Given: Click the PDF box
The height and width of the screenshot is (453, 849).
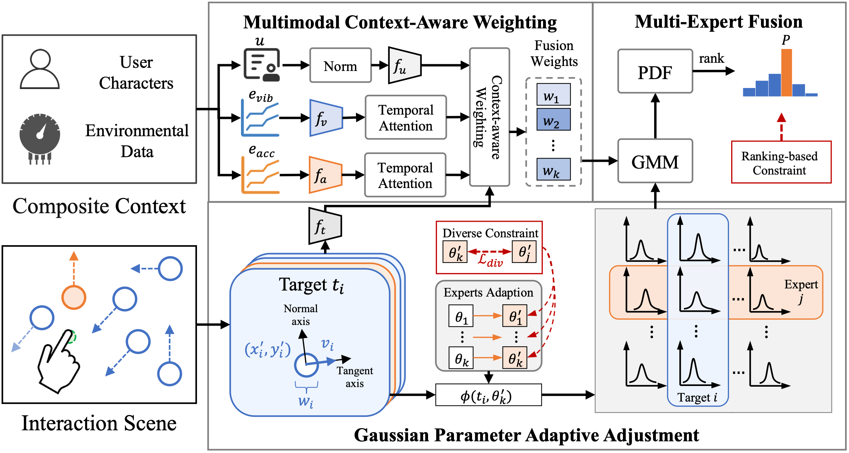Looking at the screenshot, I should pyautogui.click(x=655, y=72).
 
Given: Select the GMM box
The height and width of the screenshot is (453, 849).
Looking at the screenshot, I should pyautogui.click(x=655, y=161).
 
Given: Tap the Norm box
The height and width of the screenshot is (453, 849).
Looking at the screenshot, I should pyautogui.click(x=340, y=66).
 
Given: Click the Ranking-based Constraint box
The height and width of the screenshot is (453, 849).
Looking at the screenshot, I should pyautogui.click(x=781, y=162).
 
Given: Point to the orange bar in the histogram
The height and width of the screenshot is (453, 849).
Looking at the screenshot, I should pyautogui.click(x=786, y=73).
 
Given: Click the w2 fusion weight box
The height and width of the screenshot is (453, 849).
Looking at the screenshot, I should pyautogui.click(x=553, y=120).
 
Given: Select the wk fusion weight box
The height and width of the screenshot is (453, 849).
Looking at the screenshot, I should pyautogui.click(x=553, y=170).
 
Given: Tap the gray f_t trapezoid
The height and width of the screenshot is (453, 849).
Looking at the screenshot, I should pyautogui.click(x=325, y=226).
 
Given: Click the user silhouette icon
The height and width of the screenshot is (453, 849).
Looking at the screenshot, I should pyautogui.click(x=40, y=69).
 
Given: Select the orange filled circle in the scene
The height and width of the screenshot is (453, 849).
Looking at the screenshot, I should pyautogui.click(x=74, y=297).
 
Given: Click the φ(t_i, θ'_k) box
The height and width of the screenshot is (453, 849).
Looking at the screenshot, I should pyautogui.click(x=488, y=395).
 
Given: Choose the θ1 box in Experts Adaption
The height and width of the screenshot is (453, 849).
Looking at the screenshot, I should pyautogui.click(x=461, y=316).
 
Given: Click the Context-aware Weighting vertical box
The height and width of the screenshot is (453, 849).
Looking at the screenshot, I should pyautogui.click(x=489, y=117).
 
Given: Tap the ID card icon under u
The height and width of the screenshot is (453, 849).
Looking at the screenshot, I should pyautogui.click(x=262, y=65).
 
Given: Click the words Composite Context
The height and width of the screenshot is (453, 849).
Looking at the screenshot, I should pyautogui.click(x=99, y=206).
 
